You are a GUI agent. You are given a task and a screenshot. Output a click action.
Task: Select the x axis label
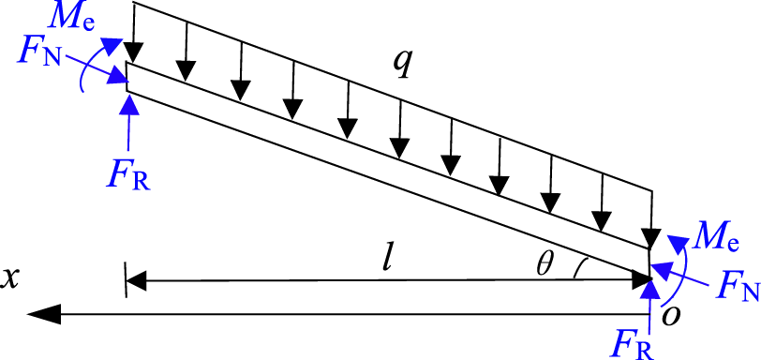[13, 277]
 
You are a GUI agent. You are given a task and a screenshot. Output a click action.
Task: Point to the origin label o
[670, 313]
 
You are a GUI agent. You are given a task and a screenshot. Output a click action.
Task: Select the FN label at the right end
[736, 287]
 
